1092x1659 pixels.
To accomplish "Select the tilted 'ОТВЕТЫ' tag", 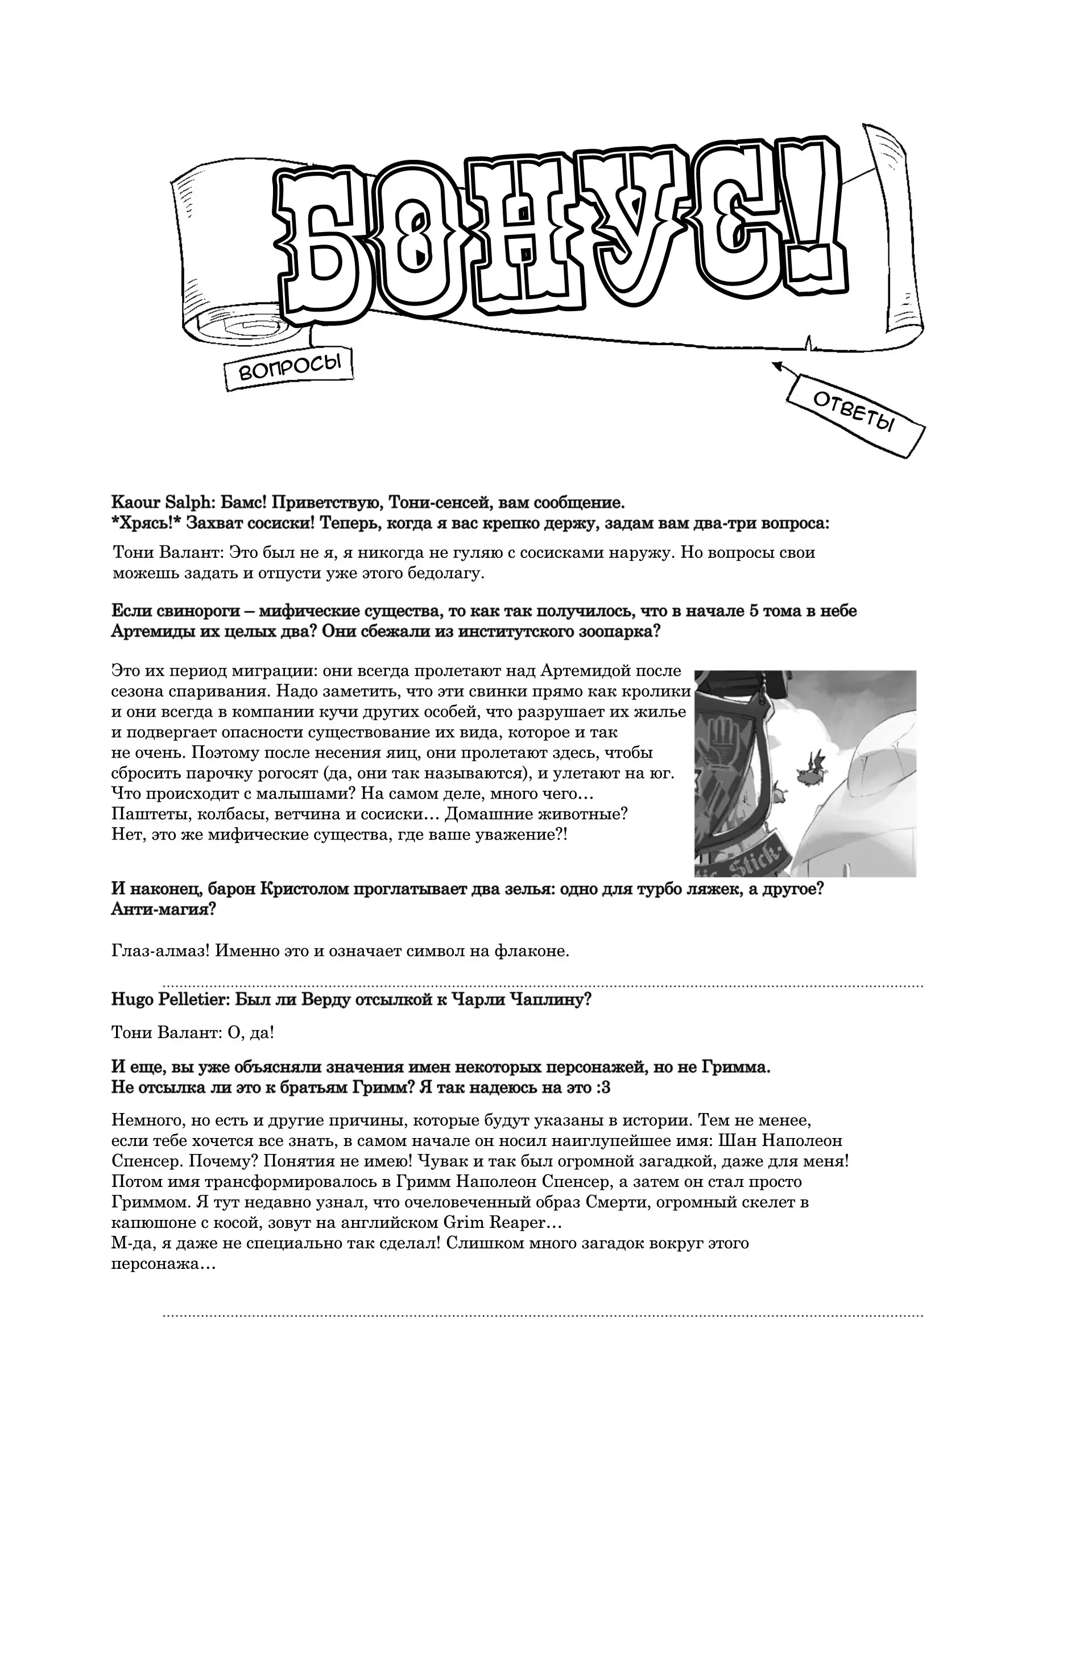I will [x=854, y=412].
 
